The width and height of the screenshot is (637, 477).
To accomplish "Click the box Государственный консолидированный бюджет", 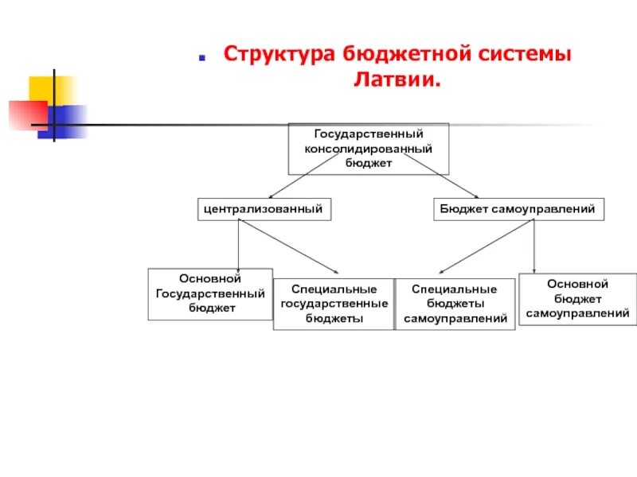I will point(368,149).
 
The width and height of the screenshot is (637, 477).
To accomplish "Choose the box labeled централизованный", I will point(263,210).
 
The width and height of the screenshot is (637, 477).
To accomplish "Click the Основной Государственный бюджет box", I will point(210,293).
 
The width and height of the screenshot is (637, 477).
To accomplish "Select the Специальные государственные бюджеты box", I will point(333,304).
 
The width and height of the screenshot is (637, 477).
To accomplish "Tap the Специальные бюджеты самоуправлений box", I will point(455,304).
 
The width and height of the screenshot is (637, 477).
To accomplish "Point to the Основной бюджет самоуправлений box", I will point(577,298).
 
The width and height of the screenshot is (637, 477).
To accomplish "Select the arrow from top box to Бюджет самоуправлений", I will point(442,176).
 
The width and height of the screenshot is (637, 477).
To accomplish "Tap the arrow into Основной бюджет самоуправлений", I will point(533,246).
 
